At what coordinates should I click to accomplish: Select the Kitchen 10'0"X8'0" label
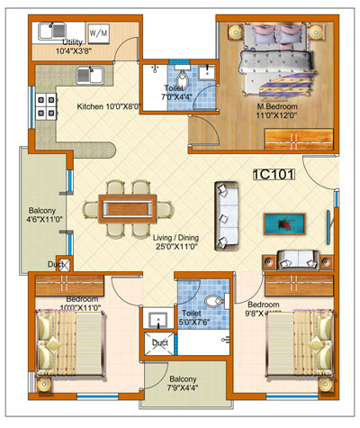click(109, 106)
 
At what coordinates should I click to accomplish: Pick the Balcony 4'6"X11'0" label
click(42, 220)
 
